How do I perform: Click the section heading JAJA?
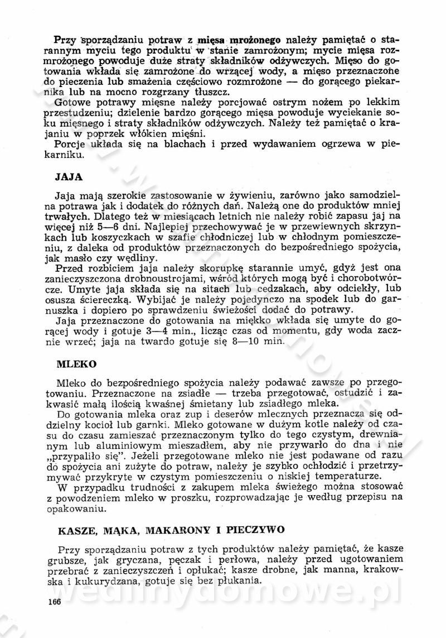point(69,178)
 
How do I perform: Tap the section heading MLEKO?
point(76,363)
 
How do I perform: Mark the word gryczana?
point(146,559)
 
